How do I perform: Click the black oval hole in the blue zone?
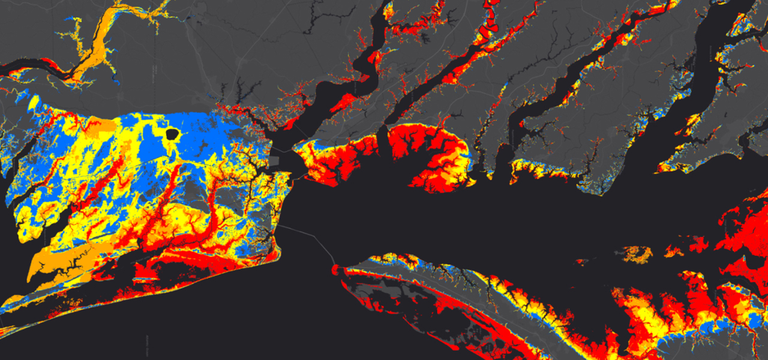(x=172, y=134)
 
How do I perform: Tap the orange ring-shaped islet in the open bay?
(x=637, y=253)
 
